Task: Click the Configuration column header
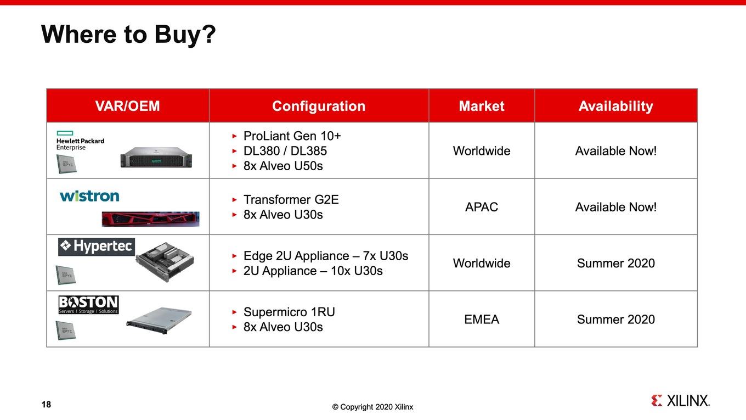coord(319,106)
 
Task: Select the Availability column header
coord(616,106)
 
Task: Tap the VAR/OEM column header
coord(128,106)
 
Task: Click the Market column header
coord(482,106)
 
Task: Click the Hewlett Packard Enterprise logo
coord(80,141)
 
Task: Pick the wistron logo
coord(89,196)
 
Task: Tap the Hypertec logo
coord(96,247)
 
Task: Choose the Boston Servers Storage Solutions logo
coord(88,305)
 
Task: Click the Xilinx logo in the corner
coord(680,400)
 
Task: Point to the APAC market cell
coord(482,207)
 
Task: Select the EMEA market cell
coord(482,320)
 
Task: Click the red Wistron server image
coord(150,219)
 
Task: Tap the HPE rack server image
coord(156,158)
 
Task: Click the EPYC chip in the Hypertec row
coord(66,275)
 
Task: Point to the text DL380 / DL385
coord(285,151)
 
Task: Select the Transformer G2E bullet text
coord(291,200)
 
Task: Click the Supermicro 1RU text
coord(289,312)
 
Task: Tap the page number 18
coord(46,404)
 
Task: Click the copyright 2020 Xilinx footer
coord(372,407)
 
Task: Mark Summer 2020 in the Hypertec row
coord(616,264)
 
